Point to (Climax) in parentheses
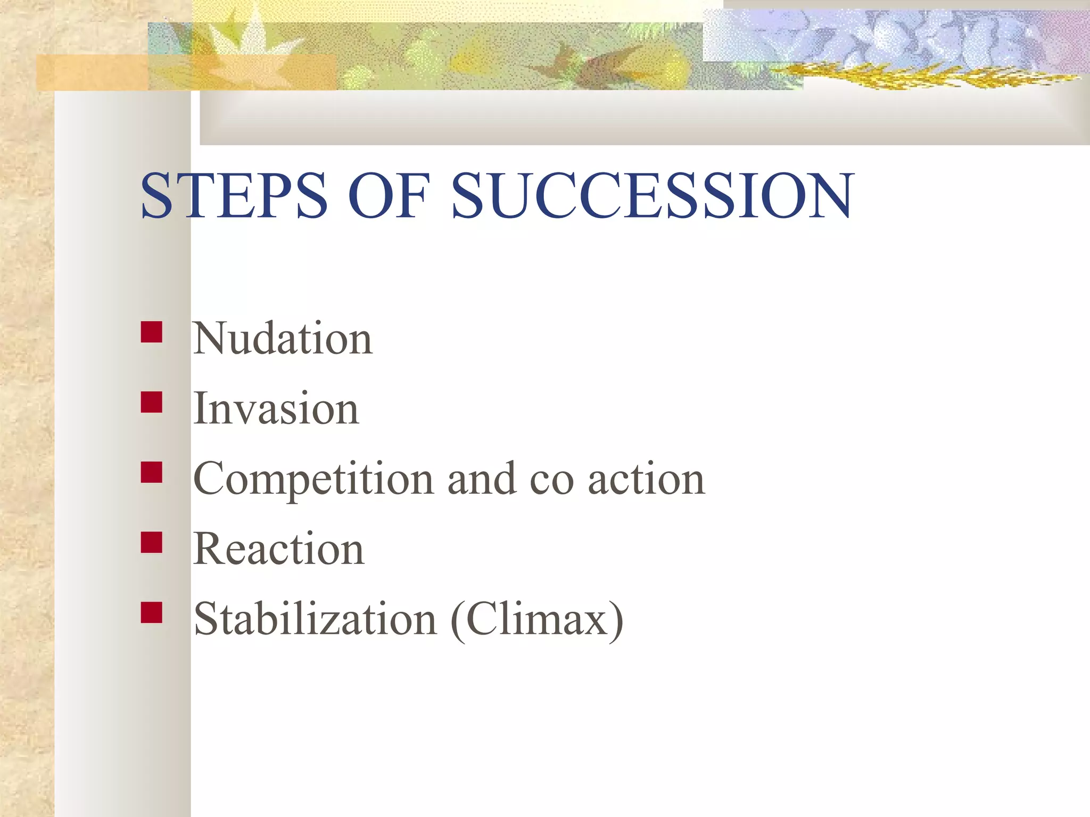(536, 620)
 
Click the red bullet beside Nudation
(152, 332)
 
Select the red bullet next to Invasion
(152, 403)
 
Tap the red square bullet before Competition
(152, 472)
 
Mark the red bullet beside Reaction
(152, 543)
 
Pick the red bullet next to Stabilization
(152, 612)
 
